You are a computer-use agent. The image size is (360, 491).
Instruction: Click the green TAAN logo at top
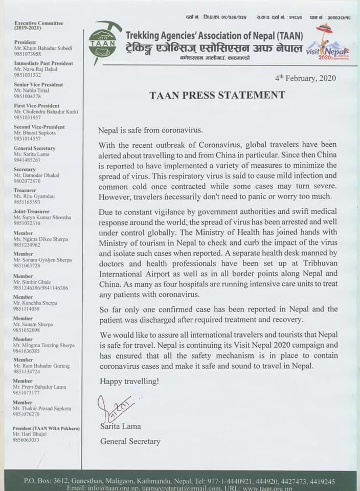point(102,40)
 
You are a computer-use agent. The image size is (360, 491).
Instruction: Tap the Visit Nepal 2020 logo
point(328,43)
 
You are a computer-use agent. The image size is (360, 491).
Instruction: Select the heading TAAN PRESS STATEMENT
point(217,95)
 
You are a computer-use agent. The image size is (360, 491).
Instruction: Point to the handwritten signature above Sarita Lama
point(115,408)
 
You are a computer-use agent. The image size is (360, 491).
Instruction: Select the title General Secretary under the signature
point(130,441)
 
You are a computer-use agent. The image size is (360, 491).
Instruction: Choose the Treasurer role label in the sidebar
point(25,190)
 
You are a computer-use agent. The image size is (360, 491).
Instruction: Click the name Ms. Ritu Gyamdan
point(34,196)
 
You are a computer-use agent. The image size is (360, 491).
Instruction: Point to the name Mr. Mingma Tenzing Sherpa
point(44,345)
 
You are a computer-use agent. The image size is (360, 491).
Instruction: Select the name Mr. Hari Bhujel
point(30,434)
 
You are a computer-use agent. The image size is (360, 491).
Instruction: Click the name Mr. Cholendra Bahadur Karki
point(45,111)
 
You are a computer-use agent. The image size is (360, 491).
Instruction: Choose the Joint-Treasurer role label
point(32,211)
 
